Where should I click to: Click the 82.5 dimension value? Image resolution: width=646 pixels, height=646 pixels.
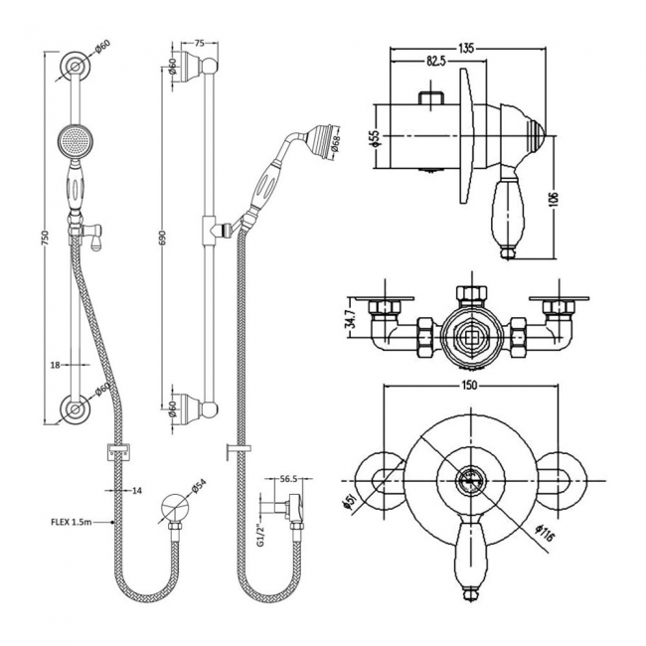click(435, 63)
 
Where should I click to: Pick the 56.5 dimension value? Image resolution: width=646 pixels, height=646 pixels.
click(289, 478)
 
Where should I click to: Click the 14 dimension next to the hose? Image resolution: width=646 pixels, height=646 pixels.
click(137, 491)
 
